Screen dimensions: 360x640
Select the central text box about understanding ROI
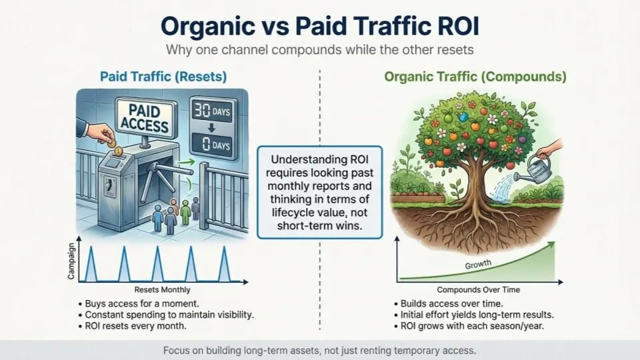pyautogui.click(x=319, y=193)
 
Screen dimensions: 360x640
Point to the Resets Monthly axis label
pyautogui.click(x=162, y=290)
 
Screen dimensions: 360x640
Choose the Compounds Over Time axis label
pyautogui.click(x=478, y=290)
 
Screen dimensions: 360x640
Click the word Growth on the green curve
pyautogui.click(x=478, y=265)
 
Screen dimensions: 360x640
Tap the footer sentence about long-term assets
pyautogui.click(x=320, y=350)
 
